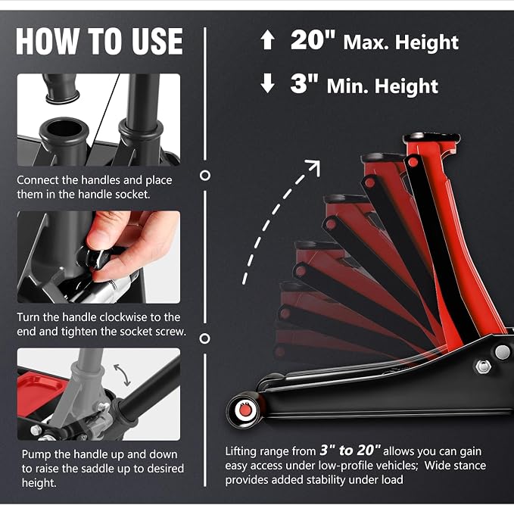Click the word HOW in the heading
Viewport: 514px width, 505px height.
[x=47, y=41]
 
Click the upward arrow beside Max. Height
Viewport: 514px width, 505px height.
[x=267, y=39]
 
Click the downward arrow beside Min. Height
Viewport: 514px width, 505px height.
[x=267, y=83]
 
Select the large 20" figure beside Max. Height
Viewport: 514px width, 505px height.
[x=313, y=39]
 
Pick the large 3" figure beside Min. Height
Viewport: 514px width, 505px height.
[x=304, y=83]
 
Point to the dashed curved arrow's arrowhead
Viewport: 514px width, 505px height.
[x=313, y=167]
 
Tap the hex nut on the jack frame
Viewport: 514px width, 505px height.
[x=483, y=366]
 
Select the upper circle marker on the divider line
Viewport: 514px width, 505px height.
[x=205, y=176]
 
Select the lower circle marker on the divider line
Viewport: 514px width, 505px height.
[x=205, y=338]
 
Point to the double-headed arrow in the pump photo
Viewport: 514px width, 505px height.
[x=122, y=375]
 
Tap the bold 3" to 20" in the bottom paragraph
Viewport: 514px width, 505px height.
[x=350, y=450]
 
